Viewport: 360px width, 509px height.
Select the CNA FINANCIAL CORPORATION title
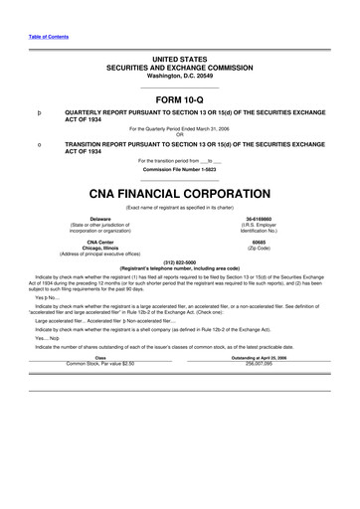179,193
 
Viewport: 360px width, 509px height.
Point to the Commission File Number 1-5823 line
179,168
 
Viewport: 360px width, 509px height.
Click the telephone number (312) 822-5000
179,263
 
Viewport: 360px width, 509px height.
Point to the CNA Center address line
73,242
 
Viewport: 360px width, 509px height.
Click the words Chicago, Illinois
73,248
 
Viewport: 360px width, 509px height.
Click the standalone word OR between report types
179,134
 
